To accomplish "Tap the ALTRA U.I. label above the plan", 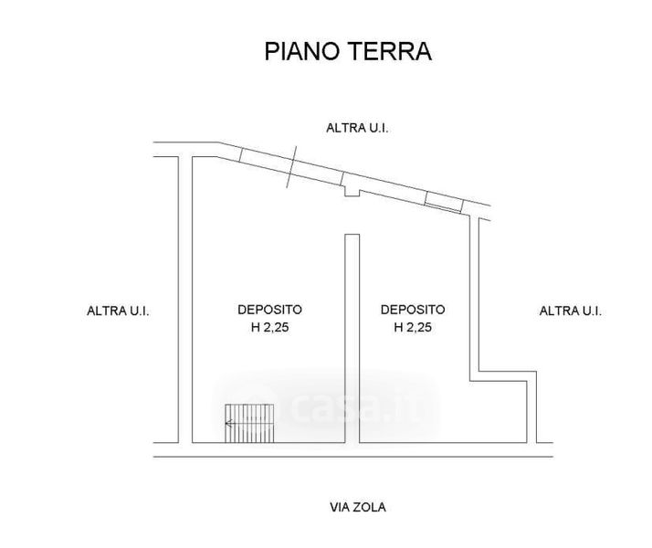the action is [x=358, y=128].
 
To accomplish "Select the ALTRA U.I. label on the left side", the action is [x=118, y=311].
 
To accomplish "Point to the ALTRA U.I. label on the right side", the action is [x=571, y=311].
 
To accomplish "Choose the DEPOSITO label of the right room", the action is [x=413, y=310].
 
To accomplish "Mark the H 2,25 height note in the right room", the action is [x=413, y=326].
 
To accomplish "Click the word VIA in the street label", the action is [x=340, y=505].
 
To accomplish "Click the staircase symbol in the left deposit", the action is [x=249, y=423].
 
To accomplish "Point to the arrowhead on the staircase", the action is [x=229, y=423].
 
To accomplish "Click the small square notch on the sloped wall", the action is [x=352, y=190].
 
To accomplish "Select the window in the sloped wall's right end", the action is [x=445, y=203].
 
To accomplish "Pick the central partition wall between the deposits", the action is [x=350, y=347].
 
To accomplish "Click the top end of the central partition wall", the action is [x=350, y=237].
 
